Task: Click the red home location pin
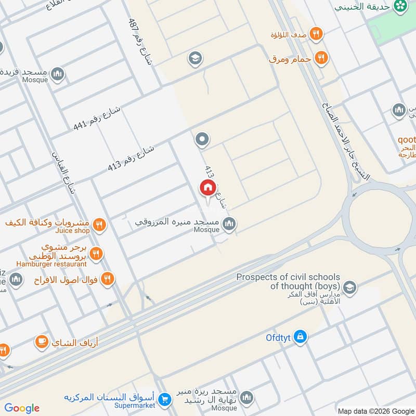coord(207,188)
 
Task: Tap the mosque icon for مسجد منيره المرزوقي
coord(229,224)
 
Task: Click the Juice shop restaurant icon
coord(100,225)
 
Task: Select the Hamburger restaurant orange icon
coord(95,254)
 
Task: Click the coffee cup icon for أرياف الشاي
coord(42,342)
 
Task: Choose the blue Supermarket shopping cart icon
coord(165,399)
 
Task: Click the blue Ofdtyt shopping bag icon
coord(300,337)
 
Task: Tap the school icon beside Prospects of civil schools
coord(349,287)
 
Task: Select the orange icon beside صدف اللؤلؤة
coord(316,34)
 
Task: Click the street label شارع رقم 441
coord(97,119)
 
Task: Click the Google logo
coord(22,408)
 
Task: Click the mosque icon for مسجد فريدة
coord(58,73)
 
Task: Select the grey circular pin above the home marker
coord(202,139)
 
